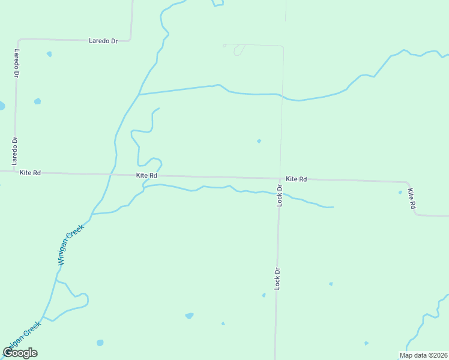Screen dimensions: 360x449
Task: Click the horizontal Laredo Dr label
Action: coord(103,41)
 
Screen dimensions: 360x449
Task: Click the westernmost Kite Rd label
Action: coord(30,173)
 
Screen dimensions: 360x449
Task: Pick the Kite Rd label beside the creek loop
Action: coord(146,175)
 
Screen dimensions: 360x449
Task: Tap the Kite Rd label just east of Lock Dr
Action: coord(297,179)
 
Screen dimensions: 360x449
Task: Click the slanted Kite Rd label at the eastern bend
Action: coord(412,199)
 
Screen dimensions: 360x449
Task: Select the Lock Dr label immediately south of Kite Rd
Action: coord(279,196)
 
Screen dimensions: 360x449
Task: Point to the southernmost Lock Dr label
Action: coord(277,280)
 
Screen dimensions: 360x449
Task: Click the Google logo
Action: coord(20,353)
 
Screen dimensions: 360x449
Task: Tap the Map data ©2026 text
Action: coord(423,355)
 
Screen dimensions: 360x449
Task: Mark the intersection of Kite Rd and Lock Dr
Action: coord(280,178)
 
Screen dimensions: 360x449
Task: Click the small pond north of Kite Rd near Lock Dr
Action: coord(259,141)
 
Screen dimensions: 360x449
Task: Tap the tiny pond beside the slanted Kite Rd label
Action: coord(400,193)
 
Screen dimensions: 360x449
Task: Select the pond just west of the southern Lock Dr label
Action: coord(264,295)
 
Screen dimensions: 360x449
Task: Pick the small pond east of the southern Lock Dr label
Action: coord(330,283)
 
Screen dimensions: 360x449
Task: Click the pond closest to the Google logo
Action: coord(100,343)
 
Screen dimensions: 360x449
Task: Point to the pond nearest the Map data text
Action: coord(366,343)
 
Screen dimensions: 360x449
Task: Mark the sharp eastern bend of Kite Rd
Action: coord(407,182)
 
